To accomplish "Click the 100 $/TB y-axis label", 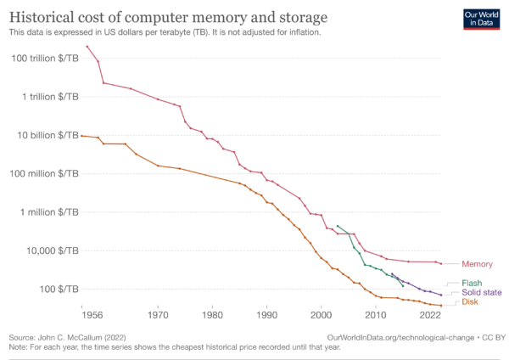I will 62,289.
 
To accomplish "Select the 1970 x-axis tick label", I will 158,314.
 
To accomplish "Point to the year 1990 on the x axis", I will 266,314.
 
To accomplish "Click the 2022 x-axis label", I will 431,314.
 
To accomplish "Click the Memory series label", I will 477,264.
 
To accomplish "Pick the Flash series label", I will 472,283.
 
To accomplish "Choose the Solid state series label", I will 480,292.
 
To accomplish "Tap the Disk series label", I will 470,302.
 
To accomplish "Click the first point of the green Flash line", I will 338,226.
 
